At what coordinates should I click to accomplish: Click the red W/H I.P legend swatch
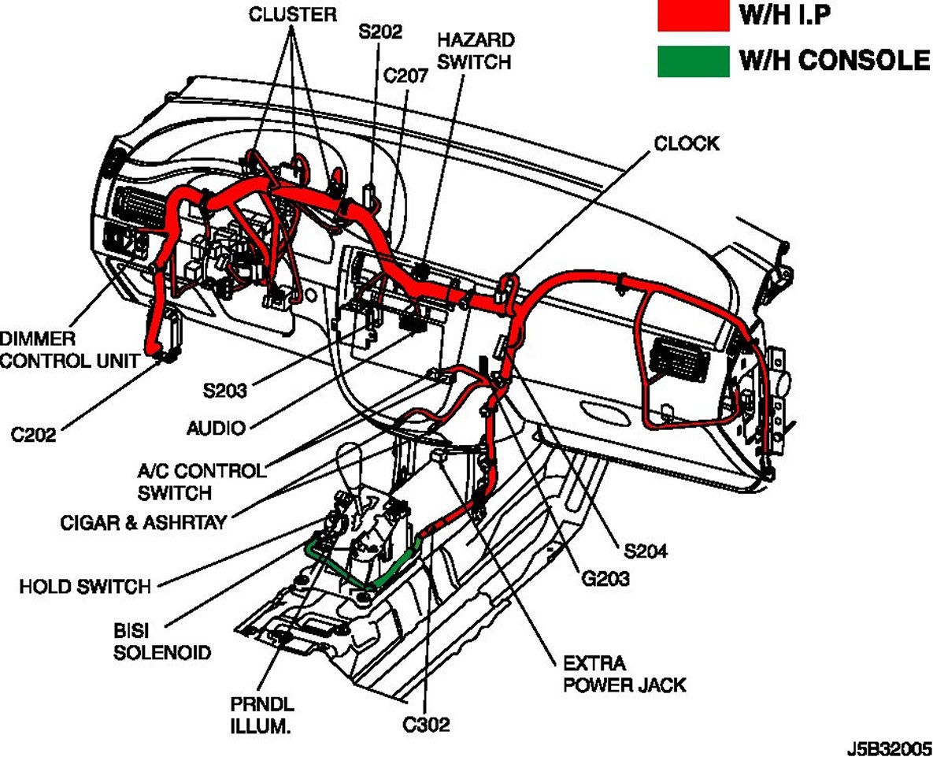click(x=694, y=17)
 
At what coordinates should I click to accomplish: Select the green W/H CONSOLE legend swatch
click(x=694, y=61)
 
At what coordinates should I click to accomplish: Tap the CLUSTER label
click(x=293, y=13)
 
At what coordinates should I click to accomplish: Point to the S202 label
click(x=381, y=32)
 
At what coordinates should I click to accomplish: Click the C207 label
click(x=405, y=76)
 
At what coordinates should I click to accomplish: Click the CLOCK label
click(x=687, y=143)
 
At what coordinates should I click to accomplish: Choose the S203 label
click(x=224, y=389)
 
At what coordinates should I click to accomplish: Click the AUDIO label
click(x=216, y=428)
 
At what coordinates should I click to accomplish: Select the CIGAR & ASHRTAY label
click(x=143, y=522)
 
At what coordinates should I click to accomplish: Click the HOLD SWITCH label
click(x=85, y=586)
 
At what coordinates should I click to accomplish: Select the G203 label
click(x=606, y=579)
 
